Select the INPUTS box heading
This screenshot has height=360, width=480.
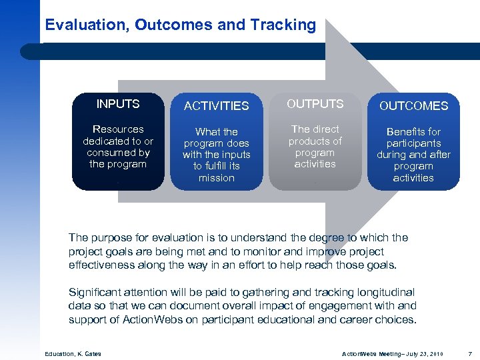click(x=118, y=104)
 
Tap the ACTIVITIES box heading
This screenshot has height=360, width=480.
click(x=216, y=106)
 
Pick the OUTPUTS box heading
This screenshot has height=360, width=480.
click(x=315, y=104)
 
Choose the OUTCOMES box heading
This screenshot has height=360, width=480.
click(x=413, y=106)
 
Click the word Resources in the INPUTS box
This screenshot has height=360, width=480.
click(x=118, y=129)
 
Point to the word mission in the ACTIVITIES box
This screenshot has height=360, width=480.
click(x=216, y=178)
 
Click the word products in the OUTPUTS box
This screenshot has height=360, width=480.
click(x=315, y=141)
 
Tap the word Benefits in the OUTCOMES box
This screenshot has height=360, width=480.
click(x=413, y=132)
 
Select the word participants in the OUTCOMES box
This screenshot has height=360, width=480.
click(x=413, y=143)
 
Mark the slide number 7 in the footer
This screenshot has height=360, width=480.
click(x=470, y=353)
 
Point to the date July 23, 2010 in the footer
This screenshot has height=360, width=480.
click(x=425, y=353)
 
